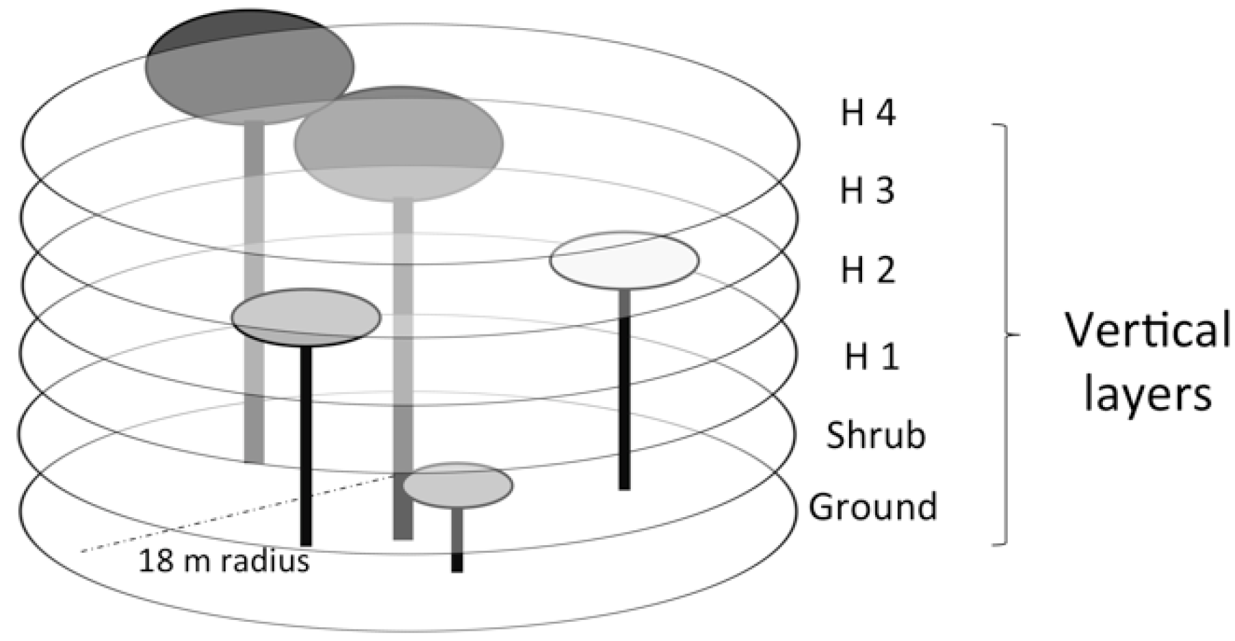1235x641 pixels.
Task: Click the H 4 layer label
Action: (868, 113)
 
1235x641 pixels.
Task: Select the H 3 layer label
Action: (867, 191)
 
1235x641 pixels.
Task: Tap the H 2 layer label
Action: (868, 270)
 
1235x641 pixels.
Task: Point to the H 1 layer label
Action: (871, 356)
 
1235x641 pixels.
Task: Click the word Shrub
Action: (875, 435)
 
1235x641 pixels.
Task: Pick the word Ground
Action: (872, 507)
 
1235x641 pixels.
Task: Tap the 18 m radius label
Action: (224, 561)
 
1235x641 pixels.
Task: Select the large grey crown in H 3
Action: (398, 144)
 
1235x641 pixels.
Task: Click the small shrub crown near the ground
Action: (457, 485)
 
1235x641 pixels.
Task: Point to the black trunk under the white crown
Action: (624, 404)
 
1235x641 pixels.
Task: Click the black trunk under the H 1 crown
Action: (306, 445)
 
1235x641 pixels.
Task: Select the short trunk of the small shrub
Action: (457, 540)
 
